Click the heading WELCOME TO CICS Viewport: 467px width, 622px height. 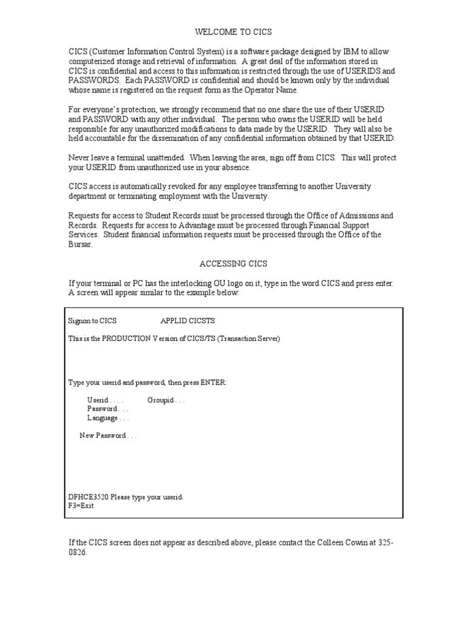coord(233,32)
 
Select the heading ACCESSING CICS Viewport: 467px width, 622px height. coord(233,264)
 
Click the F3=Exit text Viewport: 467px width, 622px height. coord(81,505)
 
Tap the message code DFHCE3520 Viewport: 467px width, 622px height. coord(89,497)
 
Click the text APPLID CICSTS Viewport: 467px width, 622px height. coord(187,321)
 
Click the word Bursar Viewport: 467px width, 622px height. coord(80,245)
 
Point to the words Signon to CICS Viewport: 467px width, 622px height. coord(92,321)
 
